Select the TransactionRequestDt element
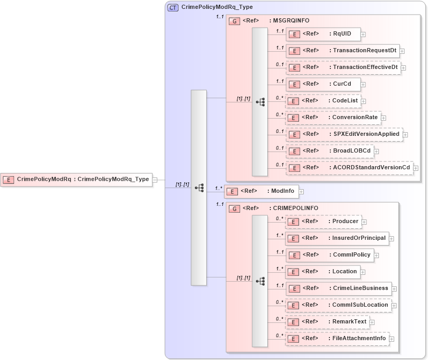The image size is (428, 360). (343, 51)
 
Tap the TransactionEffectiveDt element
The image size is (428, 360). (343, 67)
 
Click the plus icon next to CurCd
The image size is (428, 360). (363, 85)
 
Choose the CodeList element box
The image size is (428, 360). (323, 101)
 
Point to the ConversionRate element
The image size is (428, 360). (333, 118)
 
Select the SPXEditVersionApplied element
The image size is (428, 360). (344, 134)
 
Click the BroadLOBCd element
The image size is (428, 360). (329, 151)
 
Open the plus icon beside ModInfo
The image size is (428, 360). (301, 192)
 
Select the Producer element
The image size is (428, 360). (323, 222)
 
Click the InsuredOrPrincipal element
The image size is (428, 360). (337, 238)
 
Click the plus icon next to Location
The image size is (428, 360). (363, 272)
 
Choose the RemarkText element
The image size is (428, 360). (327, 322)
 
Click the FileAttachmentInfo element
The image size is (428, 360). (337, 339)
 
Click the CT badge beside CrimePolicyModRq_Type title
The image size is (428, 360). (173, 8)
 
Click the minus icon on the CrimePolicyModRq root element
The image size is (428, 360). (154, 180)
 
